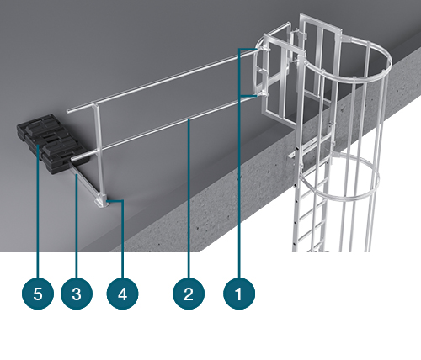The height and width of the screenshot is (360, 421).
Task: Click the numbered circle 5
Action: pos(38,294)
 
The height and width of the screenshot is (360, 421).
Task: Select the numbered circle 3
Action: pos(77,294)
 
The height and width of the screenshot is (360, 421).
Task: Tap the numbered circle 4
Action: pos(122,294)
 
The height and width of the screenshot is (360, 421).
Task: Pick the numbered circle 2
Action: pos(189,294)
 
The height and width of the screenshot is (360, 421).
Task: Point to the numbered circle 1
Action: pos(239,294)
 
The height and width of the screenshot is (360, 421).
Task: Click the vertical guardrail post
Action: pos(99,151)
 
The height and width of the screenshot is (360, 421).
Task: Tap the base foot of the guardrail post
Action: pos(102,202)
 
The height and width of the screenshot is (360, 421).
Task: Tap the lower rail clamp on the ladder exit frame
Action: pos(263,95)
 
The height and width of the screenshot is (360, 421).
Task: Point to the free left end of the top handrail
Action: pos(67,112)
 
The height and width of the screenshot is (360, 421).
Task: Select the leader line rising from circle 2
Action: pos(189,199)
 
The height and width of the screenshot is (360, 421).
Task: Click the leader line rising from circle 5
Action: pos(38,211)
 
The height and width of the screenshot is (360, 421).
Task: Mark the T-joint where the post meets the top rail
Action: pos(95,106)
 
